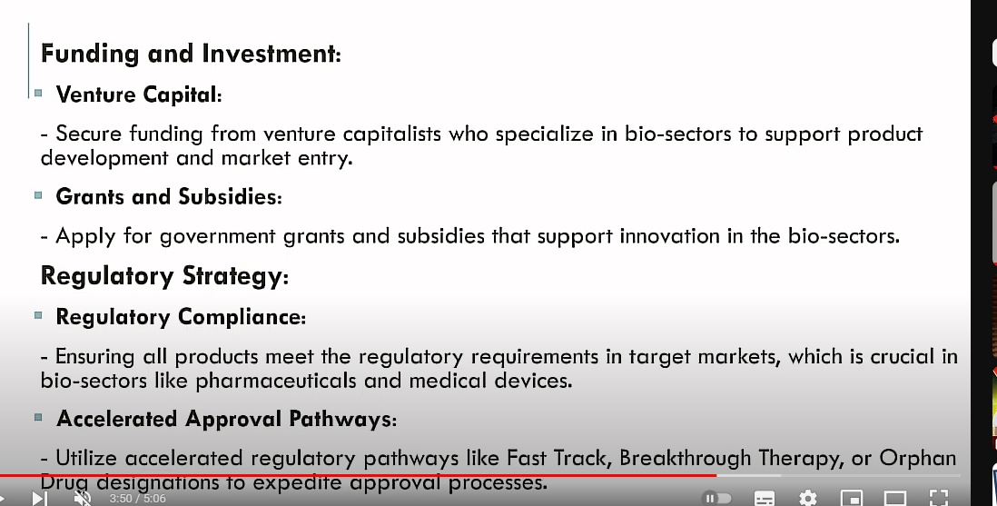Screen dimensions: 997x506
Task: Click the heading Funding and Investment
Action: [191, 54]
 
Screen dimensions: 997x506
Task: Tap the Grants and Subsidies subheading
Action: [169, 196]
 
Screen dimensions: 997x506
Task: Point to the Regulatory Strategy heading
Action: [164, 276]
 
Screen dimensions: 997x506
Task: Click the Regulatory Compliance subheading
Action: [181, 317]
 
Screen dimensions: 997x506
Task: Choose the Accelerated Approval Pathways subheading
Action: [226, 419]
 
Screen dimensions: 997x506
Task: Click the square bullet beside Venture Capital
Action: [38, 93]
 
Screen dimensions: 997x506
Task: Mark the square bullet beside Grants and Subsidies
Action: [38, 194]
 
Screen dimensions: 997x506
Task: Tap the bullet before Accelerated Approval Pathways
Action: [38, 418]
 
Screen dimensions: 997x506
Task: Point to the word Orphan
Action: [917, 458]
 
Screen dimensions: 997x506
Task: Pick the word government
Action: [217, 237]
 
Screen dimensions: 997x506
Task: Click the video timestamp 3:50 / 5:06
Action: [137, 499]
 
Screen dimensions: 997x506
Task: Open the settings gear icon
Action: [807, 498]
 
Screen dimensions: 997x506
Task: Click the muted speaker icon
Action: [82, 498]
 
